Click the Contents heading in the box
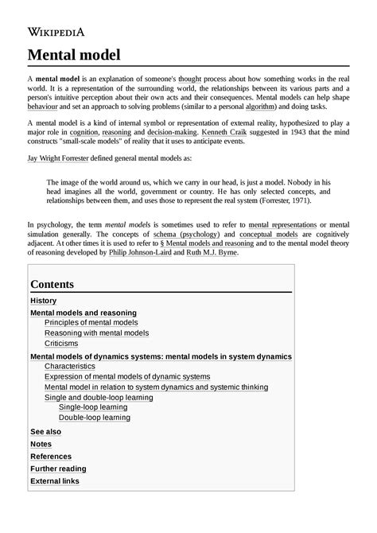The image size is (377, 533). pos(52,284)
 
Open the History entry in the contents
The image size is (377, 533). pos(43,301)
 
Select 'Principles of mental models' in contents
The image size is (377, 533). pos(91,323)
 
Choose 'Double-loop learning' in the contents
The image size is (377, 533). pos(94,417)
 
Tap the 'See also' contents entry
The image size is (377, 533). pos(45,432)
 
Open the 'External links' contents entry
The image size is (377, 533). pos(54,481)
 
